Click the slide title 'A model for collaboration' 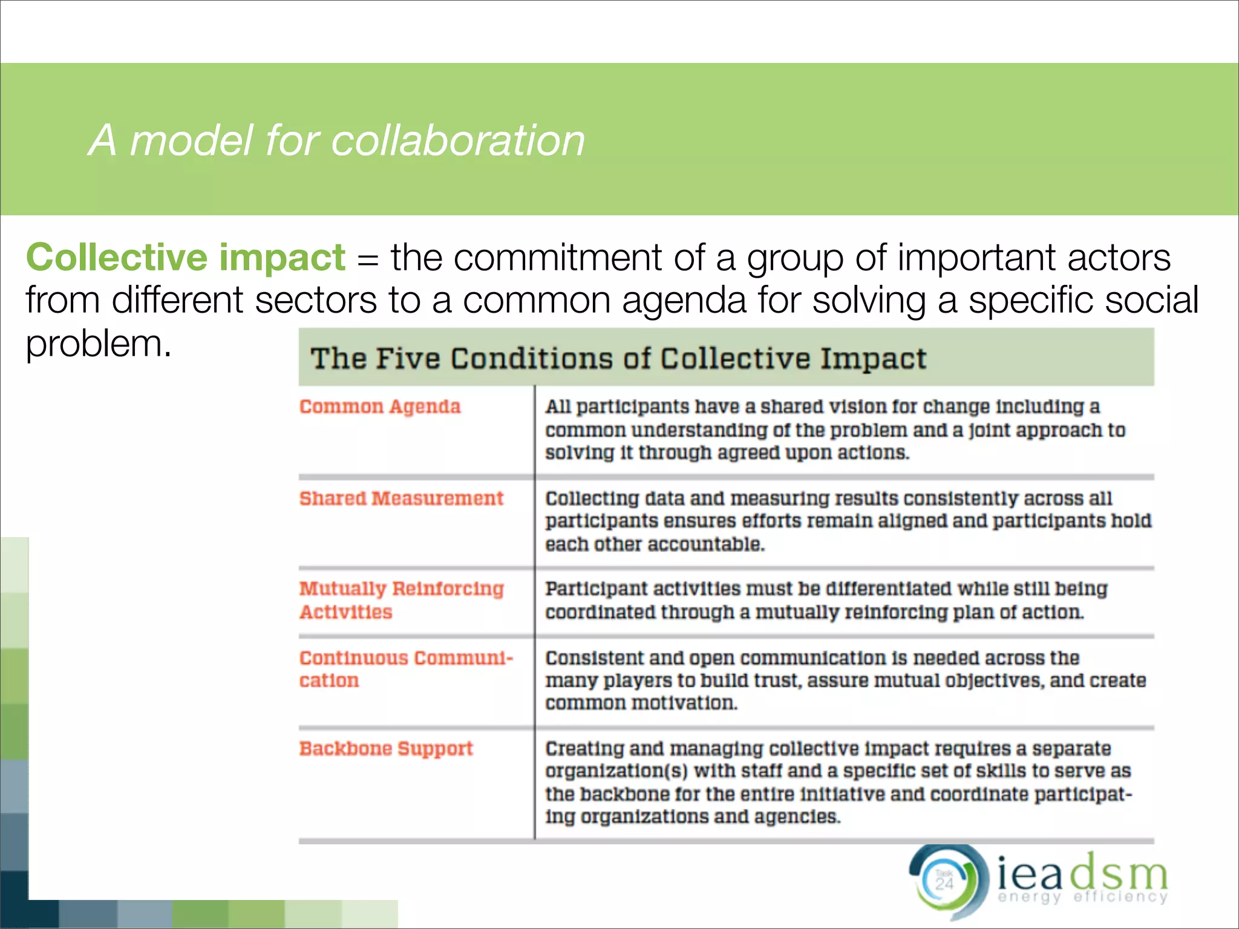(336, 140)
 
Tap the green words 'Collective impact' (185, 258)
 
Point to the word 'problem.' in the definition (98, 345)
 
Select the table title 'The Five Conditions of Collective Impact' (618, 358)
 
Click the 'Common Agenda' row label (380, 407)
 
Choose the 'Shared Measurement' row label (401, 498)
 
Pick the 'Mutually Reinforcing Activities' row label (401, 600)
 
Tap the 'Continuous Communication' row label (405, 668)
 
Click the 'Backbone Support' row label (386, 749)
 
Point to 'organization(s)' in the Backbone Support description (616, 771)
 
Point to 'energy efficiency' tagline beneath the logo (1082, 897)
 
